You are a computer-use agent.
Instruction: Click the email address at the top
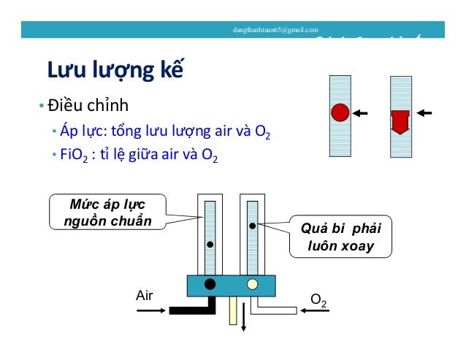pyautogui.click(x=275, y=30)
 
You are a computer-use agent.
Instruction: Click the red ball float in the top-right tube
pyautogui.click(x=340, y=113)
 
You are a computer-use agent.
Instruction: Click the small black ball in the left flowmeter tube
pyautogui.click(x=210, y=245)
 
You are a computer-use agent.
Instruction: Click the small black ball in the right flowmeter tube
pyautogui.click(x=252, y=226)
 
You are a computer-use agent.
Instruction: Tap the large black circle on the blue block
pyautogui.click(x=210, y=283)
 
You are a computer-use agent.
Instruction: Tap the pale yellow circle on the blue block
pyautogui.click(x=253, y=283)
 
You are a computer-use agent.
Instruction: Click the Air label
pyautogui.click(x=145, y=295)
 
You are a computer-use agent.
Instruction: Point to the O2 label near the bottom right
pyautogui.click(x=318, y=299)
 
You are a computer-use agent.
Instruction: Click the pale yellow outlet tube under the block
pyautogui.click(x=233, y=310)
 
